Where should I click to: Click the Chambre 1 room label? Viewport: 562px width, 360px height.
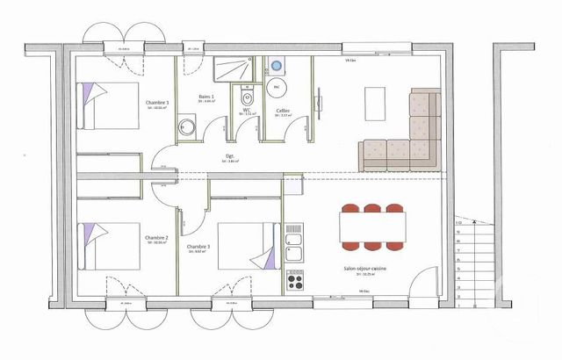pos(157,104)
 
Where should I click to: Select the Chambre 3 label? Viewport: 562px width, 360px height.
pos(198,248)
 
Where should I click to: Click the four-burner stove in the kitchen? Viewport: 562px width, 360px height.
pos(295,284)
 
